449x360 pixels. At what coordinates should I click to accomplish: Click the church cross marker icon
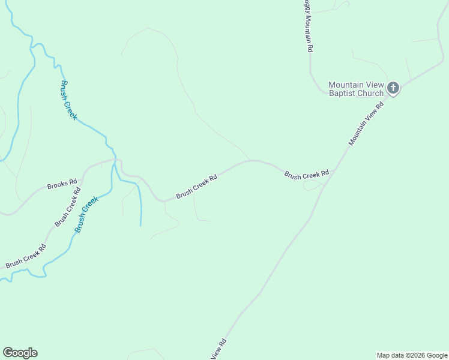(x=393, y=89)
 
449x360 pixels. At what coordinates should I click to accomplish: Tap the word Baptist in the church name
(x=343, y=94)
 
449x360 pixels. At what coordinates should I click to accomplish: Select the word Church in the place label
(x=371, y=94)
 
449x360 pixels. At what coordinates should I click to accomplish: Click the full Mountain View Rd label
(x=366, y=124)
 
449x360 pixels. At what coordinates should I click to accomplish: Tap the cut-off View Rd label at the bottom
(x=219, y=350)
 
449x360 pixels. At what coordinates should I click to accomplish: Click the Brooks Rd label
(x=62, y=184)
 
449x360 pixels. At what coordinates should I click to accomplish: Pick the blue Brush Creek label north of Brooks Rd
(x=68, y=100)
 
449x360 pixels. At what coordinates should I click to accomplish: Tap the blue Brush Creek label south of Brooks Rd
(x=86, y=215)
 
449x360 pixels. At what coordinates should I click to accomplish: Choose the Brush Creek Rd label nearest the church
(x=307, y=175)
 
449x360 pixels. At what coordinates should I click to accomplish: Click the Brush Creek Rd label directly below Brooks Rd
(x=68, y=208)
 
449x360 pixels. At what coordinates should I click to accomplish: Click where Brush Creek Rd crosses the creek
(x=115, y=160)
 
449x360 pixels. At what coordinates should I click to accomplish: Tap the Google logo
(x=20, y=353)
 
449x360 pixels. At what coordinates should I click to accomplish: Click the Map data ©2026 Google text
(x=412, y=355)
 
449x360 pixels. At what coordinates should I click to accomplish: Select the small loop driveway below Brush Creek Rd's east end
(x=312, y=186)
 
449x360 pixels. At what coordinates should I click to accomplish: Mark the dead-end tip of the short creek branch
(x=140, y=225)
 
